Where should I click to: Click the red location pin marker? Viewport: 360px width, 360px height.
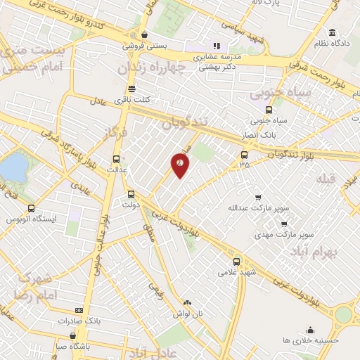pos(180,165)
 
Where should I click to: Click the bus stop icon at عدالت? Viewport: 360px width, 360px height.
pos(116,159)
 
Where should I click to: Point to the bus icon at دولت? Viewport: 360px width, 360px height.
pos(131,195)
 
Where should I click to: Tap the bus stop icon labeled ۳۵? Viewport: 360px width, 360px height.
pos(244,155)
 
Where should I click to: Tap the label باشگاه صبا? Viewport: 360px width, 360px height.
pos(72,345)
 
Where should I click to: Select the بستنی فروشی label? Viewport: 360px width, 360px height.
pos(143,45)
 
